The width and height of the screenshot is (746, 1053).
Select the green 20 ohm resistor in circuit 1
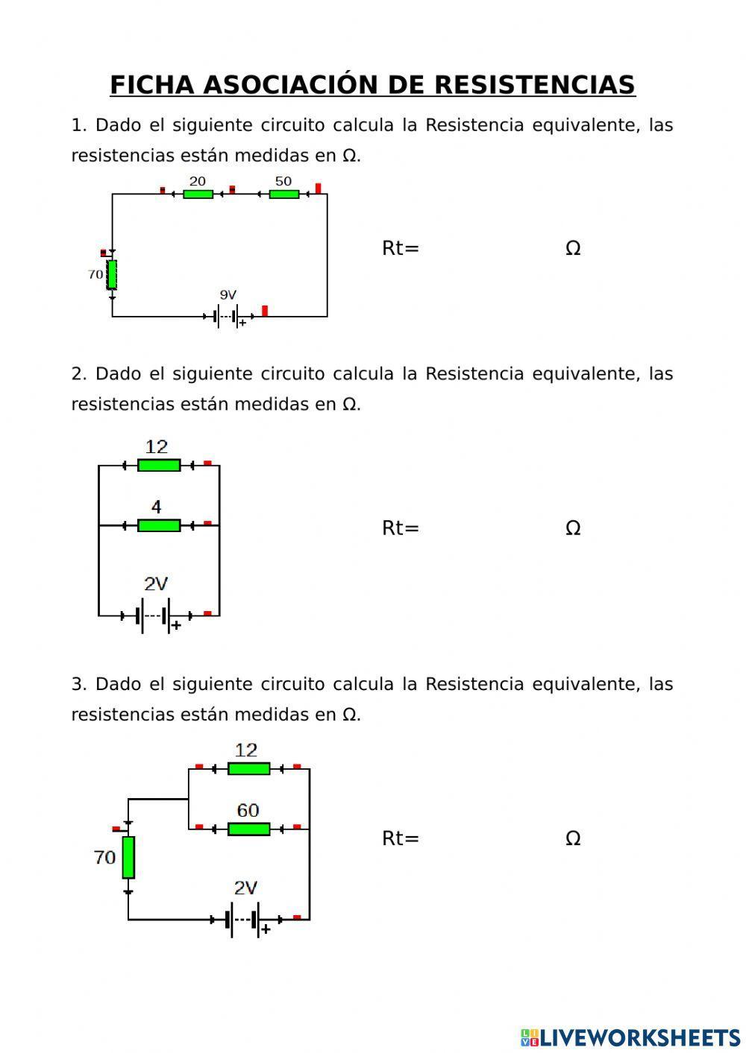198,195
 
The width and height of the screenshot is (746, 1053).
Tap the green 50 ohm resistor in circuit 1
283,195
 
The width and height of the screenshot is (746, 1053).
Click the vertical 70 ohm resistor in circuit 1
112,274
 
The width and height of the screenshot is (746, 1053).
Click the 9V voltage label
228,295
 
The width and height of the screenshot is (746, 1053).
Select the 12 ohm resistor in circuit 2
159,465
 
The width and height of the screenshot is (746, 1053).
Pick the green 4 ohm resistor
159,525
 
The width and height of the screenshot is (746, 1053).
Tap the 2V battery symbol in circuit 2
155,616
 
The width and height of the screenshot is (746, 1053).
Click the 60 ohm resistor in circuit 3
248,829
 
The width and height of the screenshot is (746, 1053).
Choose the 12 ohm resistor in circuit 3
248,768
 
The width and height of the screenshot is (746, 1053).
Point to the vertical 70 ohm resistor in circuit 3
128,857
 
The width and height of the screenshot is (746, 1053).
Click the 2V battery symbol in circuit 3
245,920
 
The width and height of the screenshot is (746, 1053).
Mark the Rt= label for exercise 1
401,248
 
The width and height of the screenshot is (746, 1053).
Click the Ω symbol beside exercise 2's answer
573,528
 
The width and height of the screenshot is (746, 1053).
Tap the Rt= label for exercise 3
401,838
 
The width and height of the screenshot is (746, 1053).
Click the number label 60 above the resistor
248,810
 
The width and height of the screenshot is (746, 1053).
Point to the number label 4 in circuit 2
156,507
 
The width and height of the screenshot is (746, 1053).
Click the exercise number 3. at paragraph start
79,684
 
